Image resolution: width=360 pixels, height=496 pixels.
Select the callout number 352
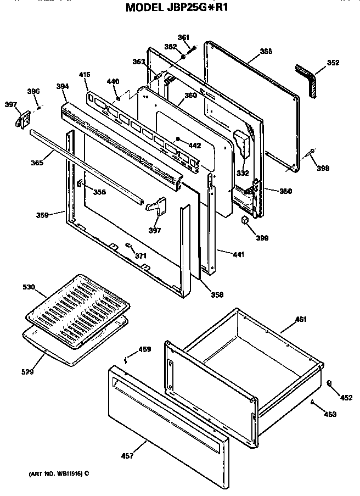coord(333,63)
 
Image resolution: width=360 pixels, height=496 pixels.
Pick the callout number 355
coord(266,52)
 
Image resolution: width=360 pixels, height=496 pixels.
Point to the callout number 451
coord(301,319)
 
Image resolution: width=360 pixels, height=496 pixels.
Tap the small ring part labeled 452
coord(329,383)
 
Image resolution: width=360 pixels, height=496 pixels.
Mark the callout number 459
coord(144,349)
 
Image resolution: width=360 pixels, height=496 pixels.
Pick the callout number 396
coord(33,91)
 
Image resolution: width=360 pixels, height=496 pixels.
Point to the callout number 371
coord(141,255)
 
